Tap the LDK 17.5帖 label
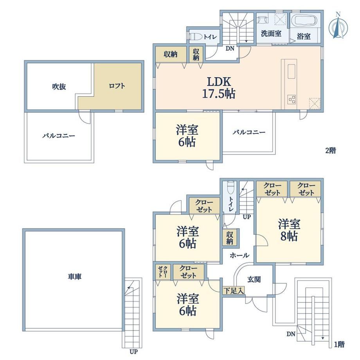coord(219,88)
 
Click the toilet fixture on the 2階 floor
coord(196,37)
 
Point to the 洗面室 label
coord(271,34)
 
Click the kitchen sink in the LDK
coord(291,71)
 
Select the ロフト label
coord(117,86)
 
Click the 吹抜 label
coord(59,86)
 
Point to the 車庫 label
coord(75,276)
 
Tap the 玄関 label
coord(254,279)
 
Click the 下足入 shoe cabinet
coord(234,291)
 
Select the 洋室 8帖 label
coord(289,230)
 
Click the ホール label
coord(239,255)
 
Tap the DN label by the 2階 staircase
coord(230,49)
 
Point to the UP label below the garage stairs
coord(133,351)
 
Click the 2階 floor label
coord(331,150)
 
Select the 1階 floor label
coord(339,344)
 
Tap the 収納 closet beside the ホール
coord(230,238)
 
